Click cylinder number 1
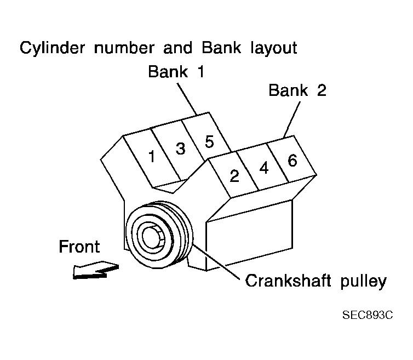point(152,157)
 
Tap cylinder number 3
point(180,148)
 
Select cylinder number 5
point(209,141)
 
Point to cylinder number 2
point(234,176)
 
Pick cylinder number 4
point(264,168)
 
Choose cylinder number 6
point(292,161)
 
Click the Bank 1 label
point(175,72)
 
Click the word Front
point(79,247)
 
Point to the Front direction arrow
point(96,270)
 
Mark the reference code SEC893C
point(368,316)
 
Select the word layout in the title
point(268,48)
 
